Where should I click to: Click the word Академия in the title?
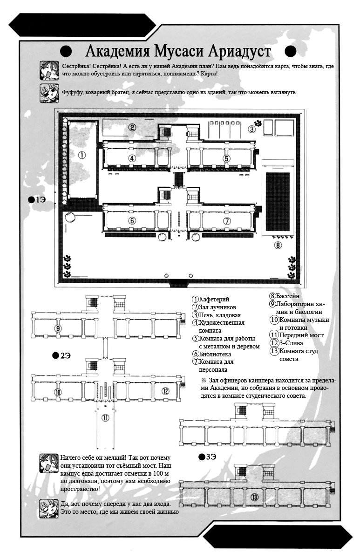pyautogui.click(x=117, y=51)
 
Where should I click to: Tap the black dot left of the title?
pyautogui.click(x=66, y=52)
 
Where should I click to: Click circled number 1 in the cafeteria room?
pyautogui.click(x=82, y=155)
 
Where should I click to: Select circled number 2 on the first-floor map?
pyautogui.click(x=132, y=127)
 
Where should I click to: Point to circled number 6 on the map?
pyautogui.click(x=132, y=221)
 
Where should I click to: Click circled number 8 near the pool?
pyautogui.click(x=278, y=245)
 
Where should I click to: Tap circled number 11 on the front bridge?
pyautogui.click(x=106, y=417)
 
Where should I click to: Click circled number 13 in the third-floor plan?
pyautogui.click(x=254, y=497)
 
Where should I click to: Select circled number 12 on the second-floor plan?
pyautogui.click(x=165, y=391)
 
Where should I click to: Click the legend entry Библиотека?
pyautogui.click(x=211, y=354)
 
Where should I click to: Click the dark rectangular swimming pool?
pyautogui.click(x=278, y=202)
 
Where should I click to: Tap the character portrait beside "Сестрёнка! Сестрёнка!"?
pyautogui.click(x=49, y=70)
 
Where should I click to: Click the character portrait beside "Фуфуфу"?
pyautogui.click(x=49, y=93)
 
